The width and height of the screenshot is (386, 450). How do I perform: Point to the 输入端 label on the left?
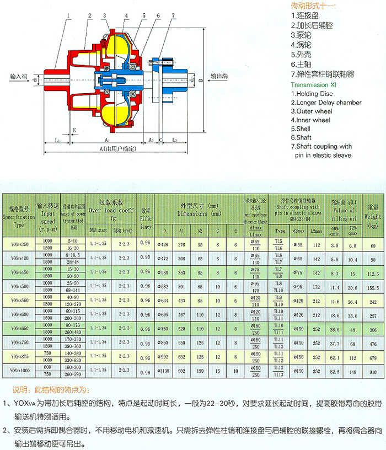point(19,77)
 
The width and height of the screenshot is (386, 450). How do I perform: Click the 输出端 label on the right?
point(219,77)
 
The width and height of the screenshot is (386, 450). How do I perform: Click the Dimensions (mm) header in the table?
point(200,209)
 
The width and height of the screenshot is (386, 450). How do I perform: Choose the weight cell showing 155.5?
point(372,288)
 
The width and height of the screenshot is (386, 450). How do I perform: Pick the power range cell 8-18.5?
point(72,255)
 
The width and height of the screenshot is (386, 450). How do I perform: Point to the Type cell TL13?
point(281,375)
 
